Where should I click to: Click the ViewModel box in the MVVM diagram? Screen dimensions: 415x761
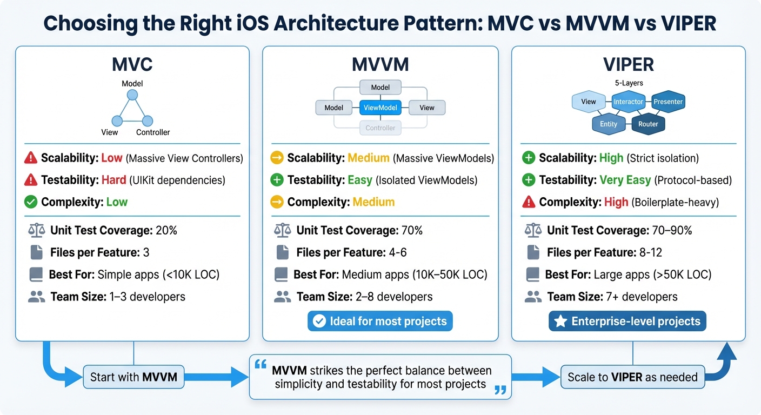(380, 108)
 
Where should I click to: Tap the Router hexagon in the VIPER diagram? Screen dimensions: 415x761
(648, 124)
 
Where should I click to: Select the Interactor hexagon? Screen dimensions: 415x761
(628, 102)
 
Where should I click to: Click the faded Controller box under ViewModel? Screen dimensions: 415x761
(380, 128)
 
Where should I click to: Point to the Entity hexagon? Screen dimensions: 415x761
(608, 124)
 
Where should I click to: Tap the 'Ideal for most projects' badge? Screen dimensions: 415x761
(380, 322)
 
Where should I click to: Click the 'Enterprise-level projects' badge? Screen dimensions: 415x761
(627, 322)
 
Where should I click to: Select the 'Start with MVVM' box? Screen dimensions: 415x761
(133, 377)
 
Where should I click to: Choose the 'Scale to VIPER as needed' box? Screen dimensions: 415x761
(632, 377)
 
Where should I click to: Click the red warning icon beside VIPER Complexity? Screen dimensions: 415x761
(529, 202)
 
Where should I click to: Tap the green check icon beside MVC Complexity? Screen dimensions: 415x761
(31, 202)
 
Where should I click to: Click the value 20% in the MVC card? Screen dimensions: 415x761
(166, 230)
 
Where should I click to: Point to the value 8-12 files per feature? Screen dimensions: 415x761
(650, 252)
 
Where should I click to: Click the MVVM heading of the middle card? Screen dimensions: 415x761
(380, 65)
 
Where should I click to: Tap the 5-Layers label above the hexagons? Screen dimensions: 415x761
(629, 83)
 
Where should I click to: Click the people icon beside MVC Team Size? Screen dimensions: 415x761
(36, 296)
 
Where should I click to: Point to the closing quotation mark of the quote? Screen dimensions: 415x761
(500, 390)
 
